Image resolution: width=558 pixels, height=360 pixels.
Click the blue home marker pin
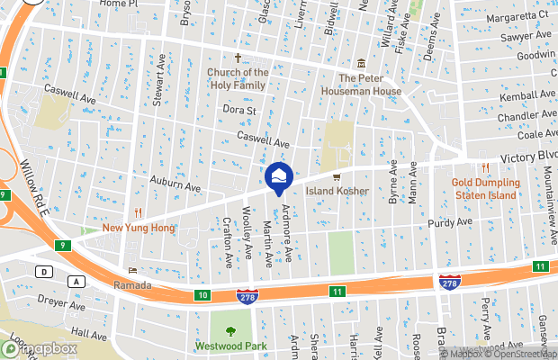pyautogui.click(x=278, y=177)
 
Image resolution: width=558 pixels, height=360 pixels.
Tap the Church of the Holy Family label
pyautogui.click(x=238, y=79)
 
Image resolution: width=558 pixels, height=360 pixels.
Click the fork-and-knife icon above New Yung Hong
pyautogui.click(x=138, y=212)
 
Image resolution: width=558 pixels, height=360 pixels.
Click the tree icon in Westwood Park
pyautogui.click(x=231, y=331)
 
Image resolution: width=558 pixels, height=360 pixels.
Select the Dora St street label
pyautogui.click(x=240, y=111)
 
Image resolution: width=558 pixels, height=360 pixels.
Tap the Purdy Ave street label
pyautogui.click(x=450, y=222)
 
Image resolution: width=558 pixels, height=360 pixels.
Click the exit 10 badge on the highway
pyautogui.click(x=203, y=294)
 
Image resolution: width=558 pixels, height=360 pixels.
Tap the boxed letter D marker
pyautogui.click(x=42, y=271)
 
